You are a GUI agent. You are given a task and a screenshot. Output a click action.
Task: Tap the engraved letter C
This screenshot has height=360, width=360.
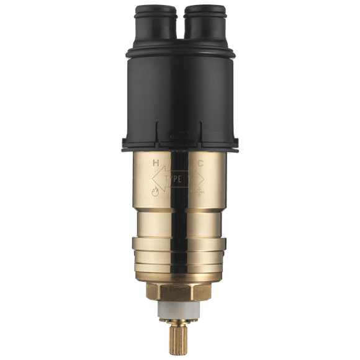point(200,164)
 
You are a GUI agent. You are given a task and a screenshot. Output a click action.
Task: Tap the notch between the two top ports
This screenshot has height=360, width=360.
point(180,28)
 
